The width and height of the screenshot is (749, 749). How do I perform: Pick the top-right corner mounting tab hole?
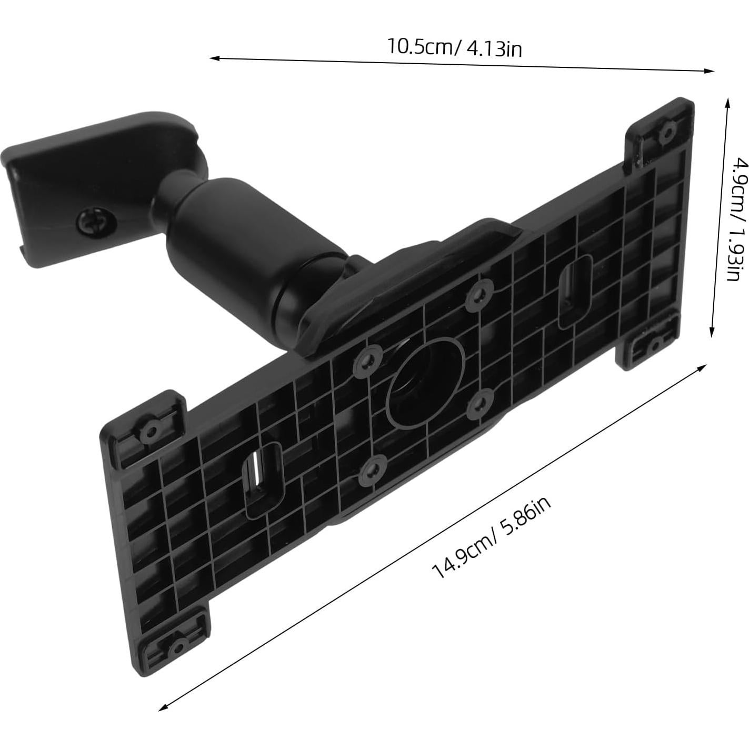click(x=668, y=129)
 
